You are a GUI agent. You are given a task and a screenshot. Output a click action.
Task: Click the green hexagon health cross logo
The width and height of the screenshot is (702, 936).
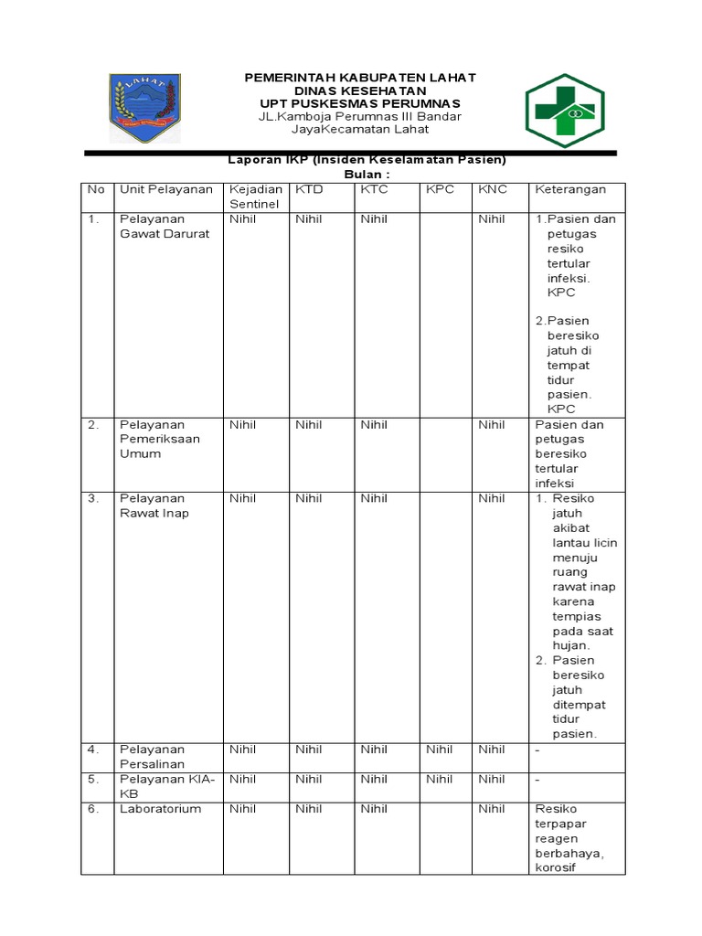[x=563, y=110]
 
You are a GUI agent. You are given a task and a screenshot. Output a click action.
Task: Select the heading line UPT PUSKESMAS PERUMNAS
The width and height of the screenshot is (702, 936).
[x=359, y=104]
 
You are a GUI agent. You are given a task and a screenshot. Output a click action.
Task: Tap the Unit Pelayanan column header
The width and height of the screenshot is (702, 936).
[x=165, y=190]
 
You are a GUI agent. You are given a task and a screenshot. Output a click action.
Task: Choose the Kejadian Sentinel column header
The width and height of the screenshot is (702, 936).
[x=256, y=197]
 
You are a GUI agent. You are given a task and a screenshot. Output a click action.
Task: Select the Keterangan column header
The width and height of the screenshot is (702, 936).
[x=570, y=190]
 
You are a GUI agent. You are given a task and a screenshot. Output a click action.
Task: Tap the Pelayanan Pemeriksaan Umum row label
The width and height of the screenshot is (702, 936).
[x=159, y=439]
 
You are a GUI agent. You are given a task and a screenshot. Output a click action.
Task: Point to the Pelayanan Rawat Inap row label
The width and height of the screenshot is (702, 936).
[x=152, y=505]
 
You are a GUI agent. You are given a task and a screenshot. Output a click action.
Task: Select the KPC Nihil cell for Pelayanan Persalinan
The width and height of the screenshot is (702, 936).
[x=439, y=750]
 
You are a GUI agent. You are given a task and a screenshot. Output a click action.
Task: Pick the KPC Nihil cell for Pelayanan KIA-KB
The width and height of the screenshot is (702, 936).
[x=439, y=780]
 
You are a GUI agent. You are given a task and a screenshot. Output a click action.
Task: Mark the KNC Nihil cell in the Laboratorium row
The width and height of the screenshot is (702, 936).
[x=491, y=809]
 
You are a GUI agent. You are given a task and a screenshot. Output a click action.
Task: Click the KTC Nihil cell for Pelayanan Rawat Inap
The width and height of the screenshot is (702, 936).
[x=374, y=498]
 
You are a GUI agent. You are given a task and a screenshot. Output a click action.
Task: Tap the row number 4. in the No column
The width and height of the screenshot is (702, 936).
[x=93, y=750]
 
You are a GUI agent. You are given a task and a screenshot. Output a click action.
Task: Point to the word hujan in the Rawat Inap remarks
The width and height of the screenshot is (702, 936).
[x=570, y=646]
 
